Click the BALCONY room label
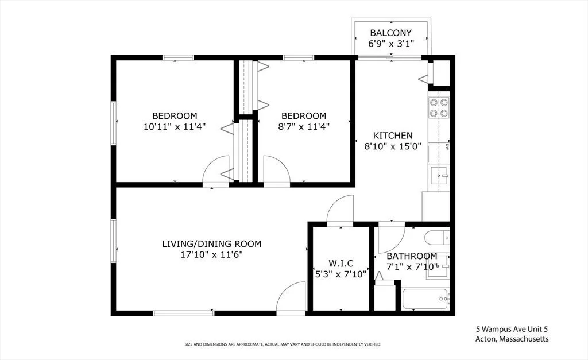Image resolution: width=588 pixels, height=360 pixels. pos(390,33)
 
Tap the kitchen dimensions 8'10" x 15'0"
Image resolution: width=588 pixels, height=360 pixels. pos(393,146)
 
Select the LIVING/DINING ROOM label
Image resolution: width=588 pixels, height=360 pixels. pos(211,244)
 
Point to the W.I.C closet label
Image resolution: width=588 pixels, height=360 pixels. pos(341,264)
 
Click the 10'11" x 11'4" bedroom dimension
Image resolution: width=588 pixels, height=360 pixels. pos(175,126)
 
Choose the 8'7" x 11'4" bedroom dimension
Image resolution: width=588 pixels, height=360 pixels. pos(303,126)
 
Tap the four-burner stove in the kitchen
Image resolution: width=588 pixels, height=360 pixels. pos(439,107)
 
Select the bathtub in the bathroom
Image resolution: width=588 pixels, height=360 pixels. pos(425,299)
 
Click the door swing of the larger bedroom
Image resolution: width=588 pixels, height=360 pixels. pos(216,171)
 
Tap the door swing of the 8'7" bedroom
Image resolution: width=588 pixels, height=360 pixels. pos(276,171)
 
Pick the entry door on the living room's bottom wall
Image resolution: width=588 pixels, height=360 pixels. pos(291,298)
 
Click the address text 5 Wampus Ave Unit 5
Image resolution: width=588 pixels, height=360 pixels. pos(512,330)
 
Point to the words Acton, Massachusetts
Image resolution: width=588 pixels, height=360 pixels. pos(512,339)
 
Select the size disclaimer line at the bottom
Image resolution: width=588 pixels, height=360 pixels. pos(283,344)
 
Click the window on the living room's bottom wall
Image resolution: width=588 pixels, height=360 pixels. pos(184,313)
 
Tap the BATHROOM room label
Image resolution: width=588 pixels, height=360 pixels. pos(411,256)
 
